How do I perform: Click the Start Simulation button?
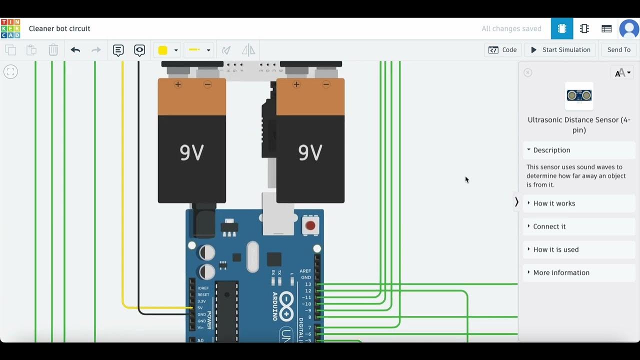560,50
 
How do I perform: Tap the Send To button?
618,50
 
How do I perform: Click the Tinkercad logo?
10,28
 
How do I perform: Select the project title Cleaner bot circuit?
59,28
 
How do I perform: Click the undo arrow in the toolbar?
75,50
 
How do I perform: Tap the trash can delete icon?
53,50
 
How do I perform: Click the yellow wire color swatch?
162,50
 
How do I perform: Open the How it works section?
554,203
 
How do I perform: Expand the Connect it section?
549,226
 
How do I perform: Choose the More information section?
561,272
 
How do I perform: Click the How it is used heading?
555,249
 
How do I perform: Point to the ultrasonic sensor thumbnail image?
579,95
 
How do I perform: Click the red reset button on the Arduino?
310,225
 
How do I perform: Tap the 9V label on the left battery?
192,152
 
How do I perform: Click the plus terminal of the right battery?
296,84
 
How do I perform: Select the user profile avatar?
629,29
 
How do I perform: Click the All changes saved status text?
511,29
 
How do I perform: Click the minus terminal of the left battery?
207,84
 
